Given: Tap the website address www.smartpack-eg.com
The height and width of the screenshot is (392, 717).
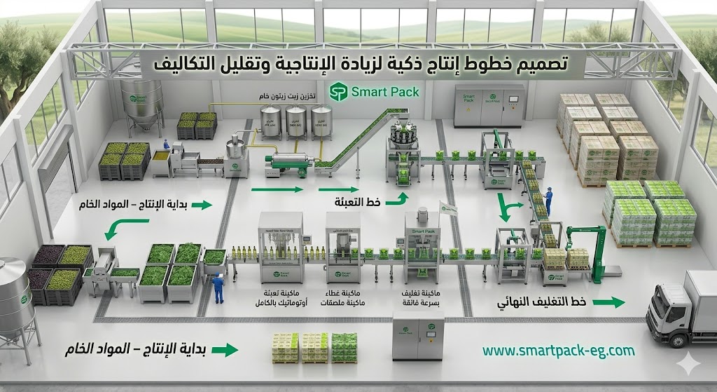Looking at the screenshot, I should pyautogui.click(x=558, y=350).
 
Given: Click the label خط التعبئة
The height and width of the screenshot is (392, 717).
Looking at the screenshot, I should pyautogui.click(x=358, y=202).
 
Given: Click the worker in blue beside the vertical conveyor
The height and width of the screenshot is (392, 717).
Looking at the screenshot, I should pyautogui.click(x=548, y=200).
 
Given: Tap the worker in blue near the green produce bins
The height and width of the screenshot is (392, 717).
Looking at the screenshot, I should pyautogui.click(x=218, y=287).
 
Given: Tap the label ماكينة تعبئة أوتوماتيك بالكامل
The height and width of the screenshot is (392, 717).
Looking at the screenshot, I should pyautogui.click(x=280, y=302).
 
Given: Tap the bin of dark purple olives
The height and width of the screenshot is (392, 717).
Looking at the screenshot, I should pyautogui.click(x=48, y=255).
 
